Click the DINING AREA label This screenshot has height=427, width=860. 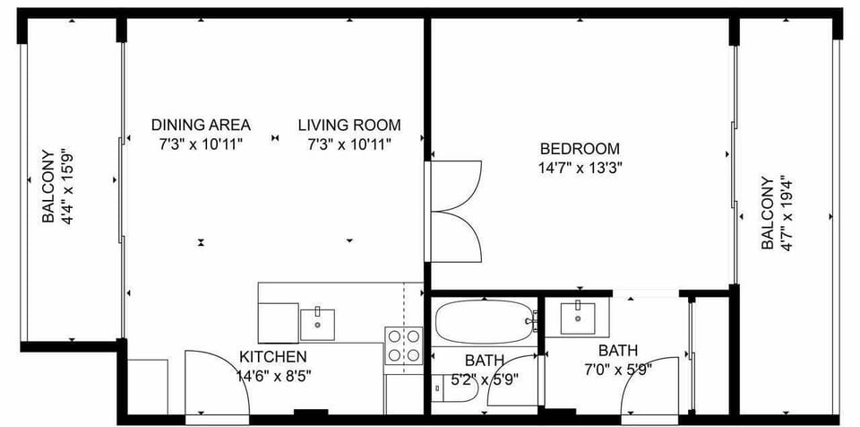201,125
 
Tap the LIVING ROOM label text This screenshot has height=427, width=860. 349,125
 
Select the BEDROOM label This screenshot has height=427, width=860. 580,149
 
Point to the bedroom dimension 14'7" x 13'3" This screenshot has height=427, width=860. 580,167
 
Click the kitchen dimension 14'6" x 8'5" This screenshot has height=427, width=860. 274,376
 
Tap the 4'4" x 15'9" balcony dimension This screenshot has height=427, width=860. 68,187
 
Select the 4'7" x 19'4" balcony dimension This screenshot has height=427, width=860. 787,213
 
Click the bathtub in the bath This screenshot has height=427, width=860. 484,320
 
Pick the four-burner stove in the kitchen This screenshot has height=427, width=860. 403,345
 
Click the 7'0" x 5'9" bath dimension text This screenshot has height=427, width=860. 618,368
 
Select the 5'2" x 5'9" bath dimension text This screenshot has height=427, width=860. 485,379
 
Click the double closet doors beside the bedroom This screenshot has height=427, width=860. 457,210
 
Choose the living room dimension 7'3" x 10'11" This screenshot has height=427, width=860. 349,143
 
